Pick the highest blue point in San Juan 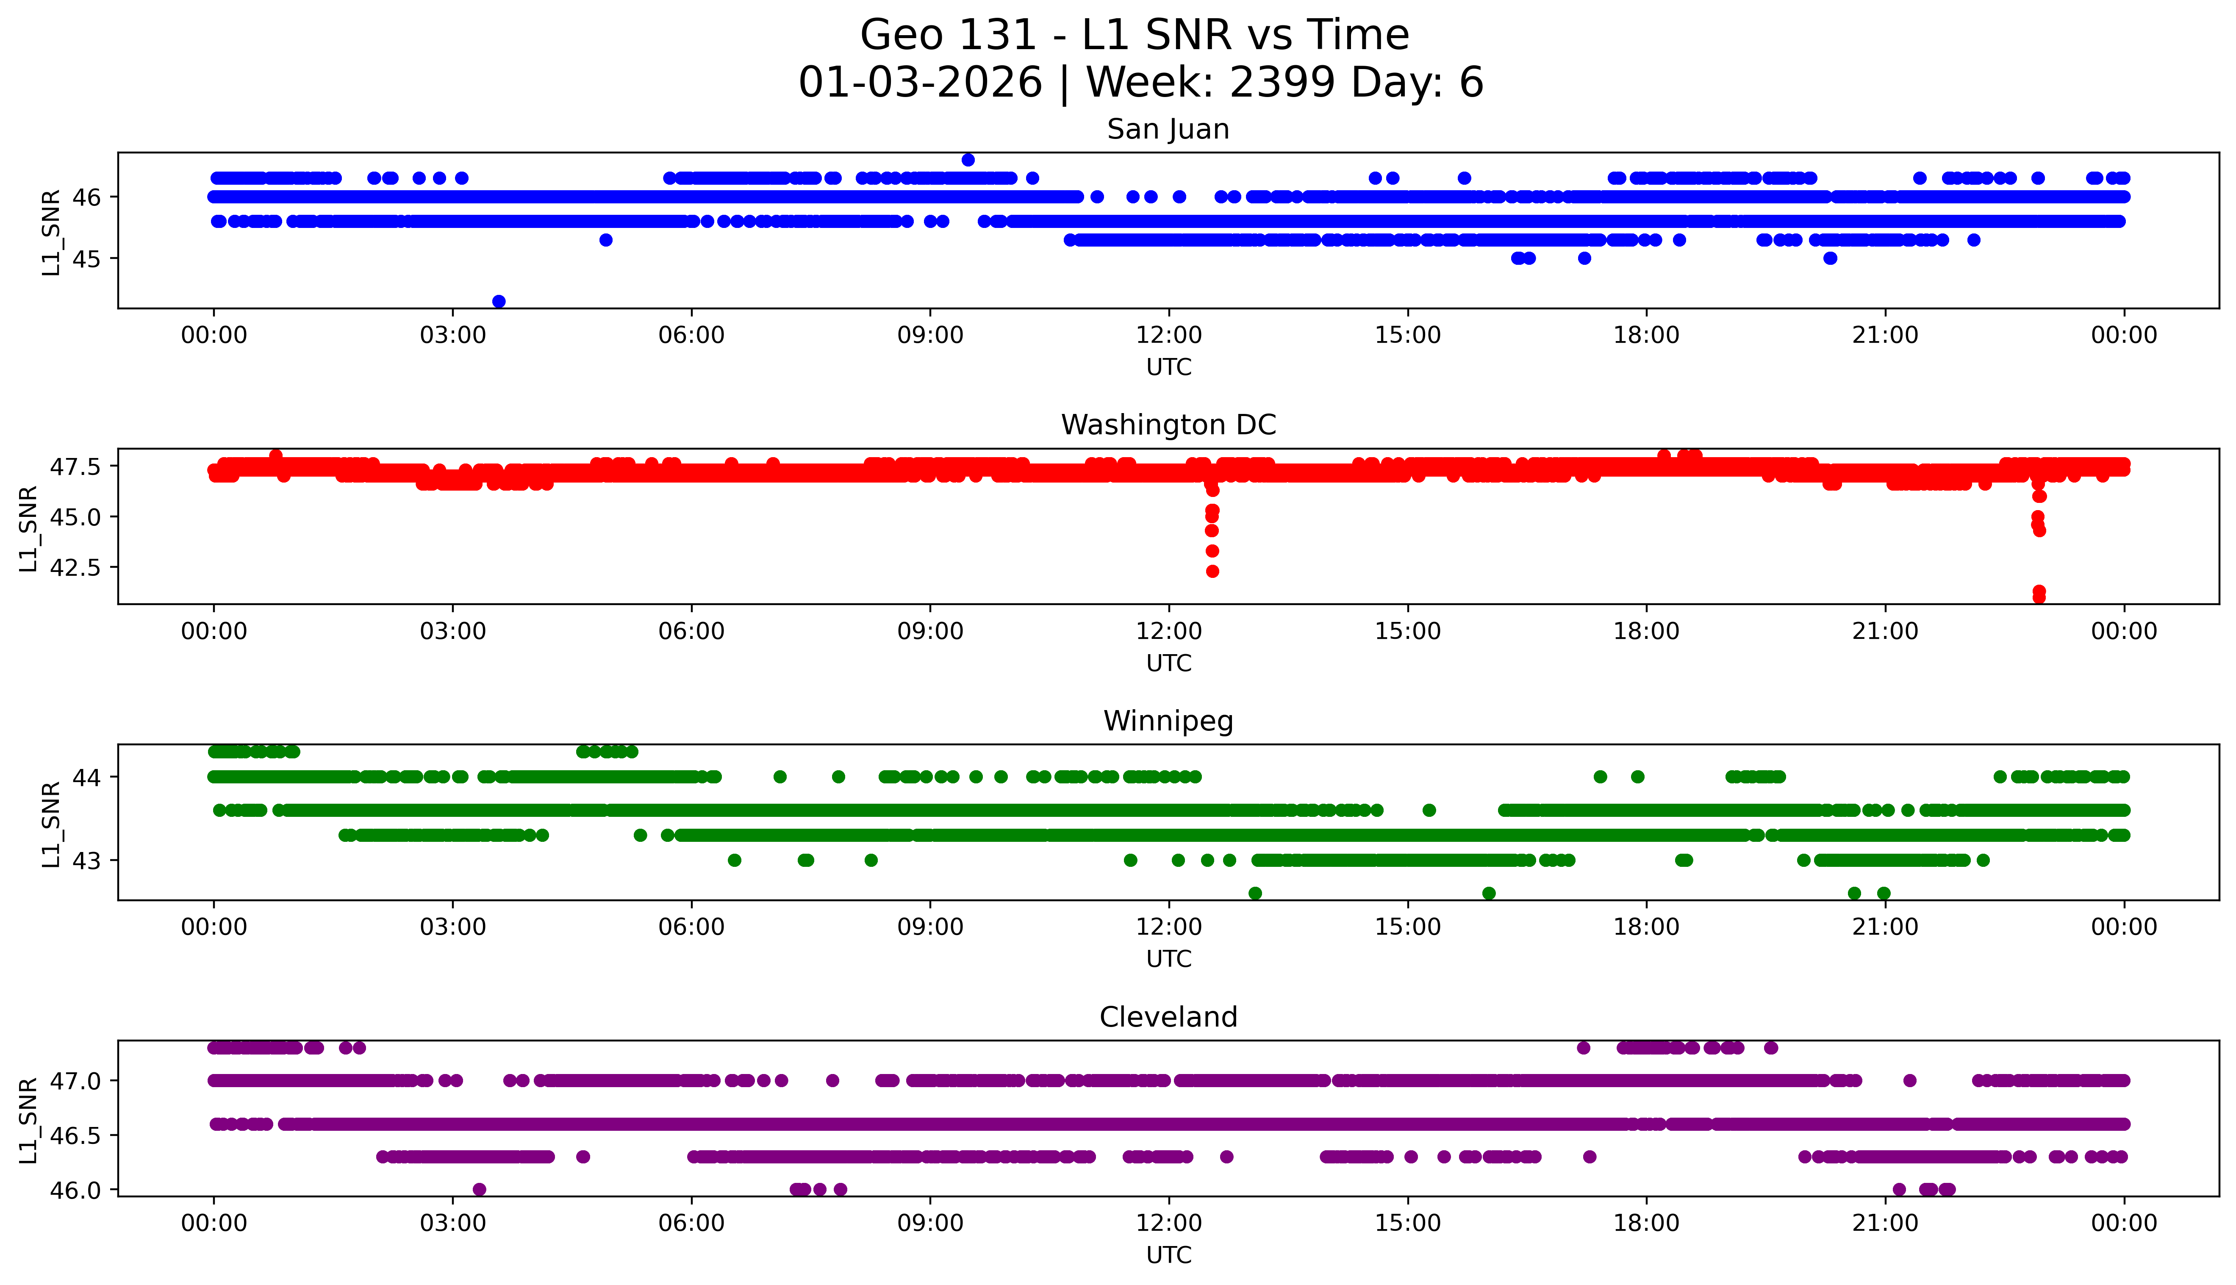968,160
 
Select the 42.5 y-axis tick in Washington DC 76,567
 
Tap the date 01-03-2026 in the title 920,83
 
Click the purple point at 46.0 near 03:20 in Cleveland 479,1190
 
